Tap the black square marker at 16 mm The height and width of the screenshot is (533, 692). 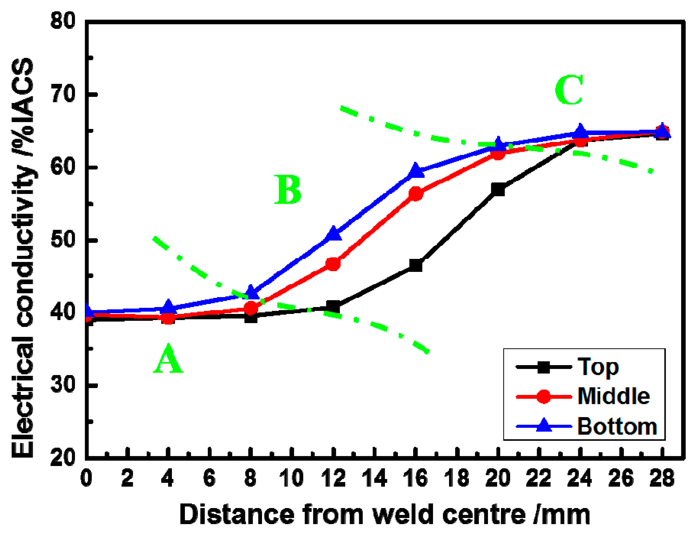click(x=416, y=265)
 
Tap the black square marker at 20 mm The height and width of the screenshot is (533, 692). click(x=498, y=189)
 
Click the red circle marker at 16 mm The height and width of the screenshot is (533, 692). click(x=416, y=194)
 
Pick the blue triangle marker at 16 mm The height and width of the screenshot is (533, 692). click(x=416, y=171)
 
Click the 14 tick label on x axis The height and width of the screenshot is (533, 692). click(x=374, y=478)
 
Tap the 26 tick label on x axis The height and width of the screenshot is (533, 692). click(x=621, y=478)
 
